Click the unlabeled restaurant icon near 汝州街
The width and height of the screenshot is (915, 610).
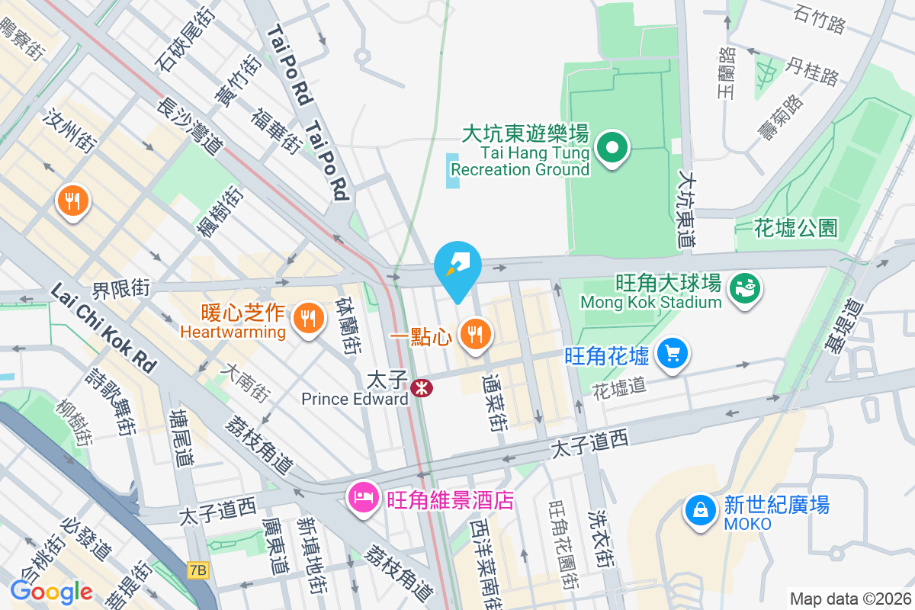click(x=73, y=201)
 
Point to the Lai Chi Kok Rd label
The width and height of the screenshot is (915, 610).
click(x=104, y=329)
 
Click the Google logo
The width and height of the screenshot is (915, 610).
click(x=51, y=591)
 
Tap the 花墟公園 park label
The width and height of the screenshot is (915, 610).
click(x=795, y=226)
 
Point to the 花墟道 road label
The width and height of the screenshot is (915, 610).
click(x=619, y=387)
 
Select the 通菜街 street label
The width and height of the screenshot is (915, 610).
click(x=493, y=403)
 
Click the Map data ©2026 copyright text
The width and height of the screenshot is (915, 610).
click(x=849, y=599)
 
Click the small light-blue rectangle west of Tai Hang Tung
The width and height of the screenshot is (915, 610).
click(x=453, y=171)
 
